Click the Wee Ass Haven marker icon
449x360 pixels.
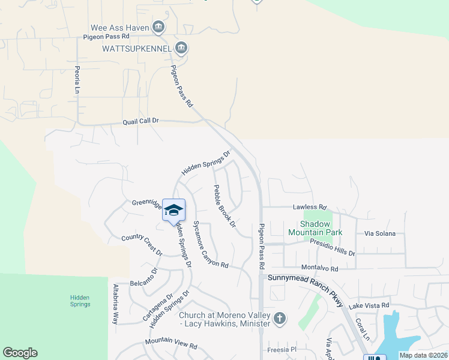pos(158,26)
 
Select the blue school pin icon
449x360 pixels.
pos(174,210)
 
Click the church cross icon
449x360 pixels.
pos(280,319)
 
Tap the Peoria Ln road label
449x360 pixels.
pos(77,79)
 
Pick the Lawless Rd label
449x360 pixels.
pos(309,207)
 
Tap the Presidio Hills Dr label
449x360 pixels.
pos(332,247)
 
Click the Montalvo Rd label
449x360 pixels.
pos(320,269)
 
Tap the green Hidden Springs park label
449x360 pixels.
pos(80,300)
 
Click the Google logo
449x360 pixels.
pos(20,353)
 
